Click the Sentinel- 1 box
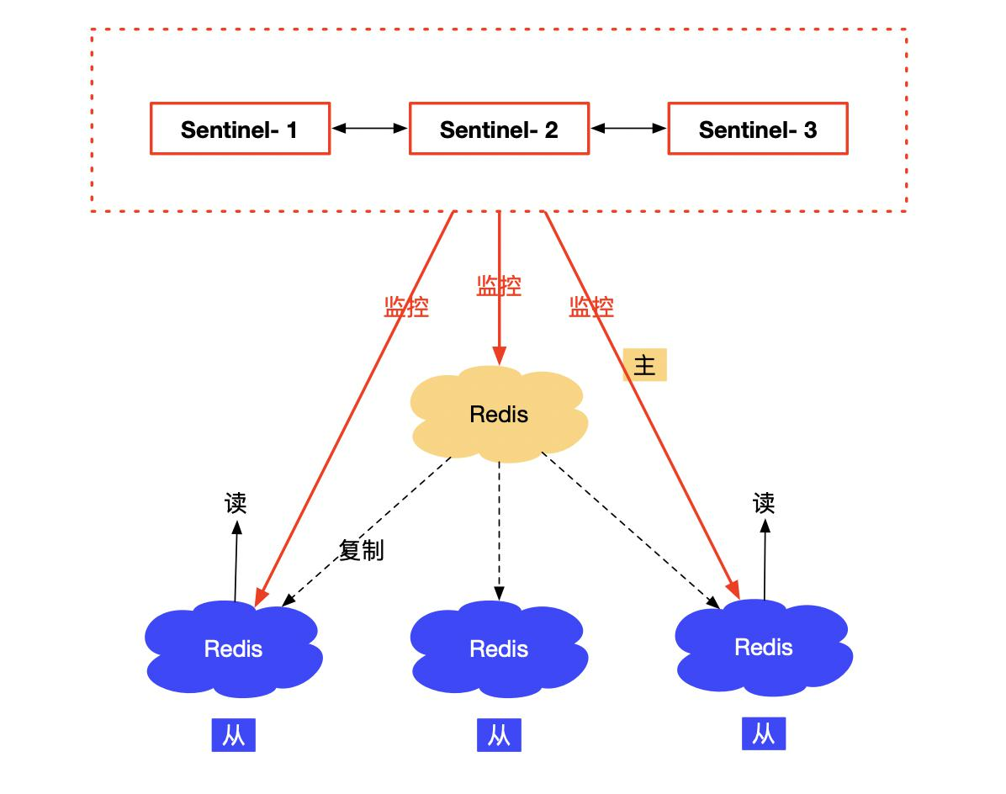(x=240, y=129)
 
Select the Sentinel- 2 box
(x=499, y=129)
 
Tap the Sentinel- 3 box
(x=758, y=129)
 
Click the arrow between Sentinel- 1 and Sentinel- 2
(x=369, y=129)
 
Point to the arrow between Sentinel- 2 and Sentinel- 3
(x=629, y=129)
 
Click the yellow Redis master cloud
(x=499, y=415)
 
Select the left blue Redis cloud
(x=234, y=648)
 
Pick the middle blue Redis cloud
(x=499, y=648)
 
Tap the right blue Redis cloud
(x=764, y=647)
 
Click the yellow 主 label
(x=645, y=365)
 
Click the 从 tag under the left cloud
(x=234, y=735)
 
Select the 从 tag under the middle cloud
(x=499, y=735)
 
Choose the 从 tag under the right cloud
(x=764, y=733)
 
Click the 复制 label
(x=361, y=550)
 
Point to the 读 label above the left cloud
(x=236, y=504)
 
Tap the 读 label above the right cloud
(x=764, y=504)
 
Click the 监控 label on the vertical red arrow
(x=499, y=285)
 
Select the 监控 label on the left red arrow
(x=406, y=307)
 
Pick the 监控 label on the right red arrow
(x=590, y=307)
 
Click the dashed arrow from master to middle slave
(x=499, y=531)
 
